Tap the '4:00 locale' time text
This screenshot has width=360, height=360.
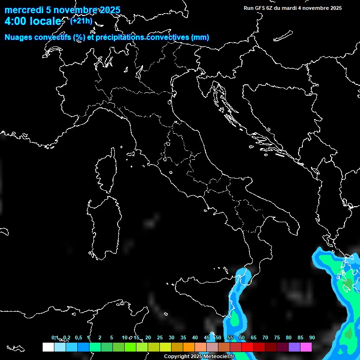pos(33,22)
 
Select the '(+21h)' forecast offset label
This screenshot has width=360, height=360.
pos(81,21)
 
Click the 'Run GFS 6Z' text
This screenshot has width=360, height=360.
pos(259,8)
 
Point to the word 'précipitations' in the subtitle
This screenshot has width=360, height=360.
pos(120,37)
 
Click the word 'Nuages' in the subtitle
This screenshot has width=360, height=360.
pos(18,37)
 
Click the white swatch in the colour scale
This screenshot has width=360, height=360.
pos(48,347)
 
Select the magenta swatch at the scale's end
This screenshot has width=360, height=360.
pos(306,347)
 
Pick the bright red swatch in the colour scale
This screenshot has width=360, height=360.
pos(247,347)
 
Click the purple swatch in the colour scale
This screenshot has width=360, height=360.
pos(294,347)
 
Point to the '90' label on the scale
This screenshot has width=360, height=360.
pos(312,337)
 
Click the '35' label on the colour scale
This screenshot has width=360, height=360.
pos(183,337)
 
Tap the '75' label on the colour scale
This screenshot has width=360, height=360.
pos(277,337)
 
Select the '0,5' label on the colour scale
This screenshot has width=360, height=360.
pos(78,337)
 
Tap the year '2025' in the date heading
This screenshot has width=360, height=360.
pos(109,10)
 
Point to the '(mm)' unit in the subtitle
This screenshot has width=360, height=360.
pos(200,37)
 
